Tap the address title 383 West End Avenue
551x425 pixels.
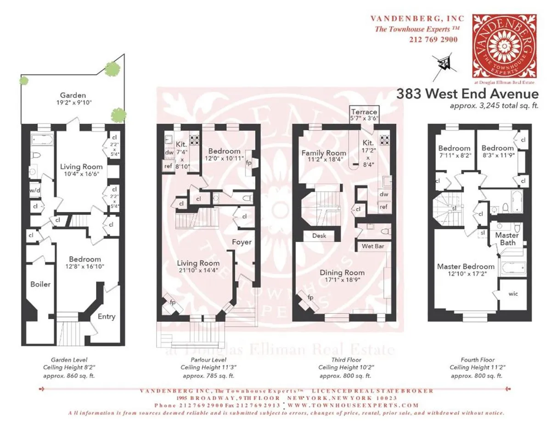[x=467, y=94]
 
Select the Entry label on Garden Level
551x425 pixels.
[x=107, y=316]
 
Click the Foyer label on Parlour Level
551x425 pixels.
[x=242, y=242]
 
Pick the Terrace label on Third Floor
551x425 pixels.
[x=364, y=112]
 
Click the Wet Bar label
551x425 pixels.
[x=373, y=246]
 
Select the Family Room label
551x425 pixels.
[x=324, y=153]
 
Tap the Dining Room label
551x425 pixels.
[x=342, y=272]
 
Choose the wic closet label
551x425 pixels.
[x=513, y=294]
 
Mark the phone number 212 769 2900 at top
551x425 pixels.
[x=433, y=39]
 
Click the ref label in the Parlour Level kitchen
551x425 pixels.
[x=168, y=166]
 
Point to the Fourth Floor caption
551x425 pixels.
[x=477, y=360]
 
